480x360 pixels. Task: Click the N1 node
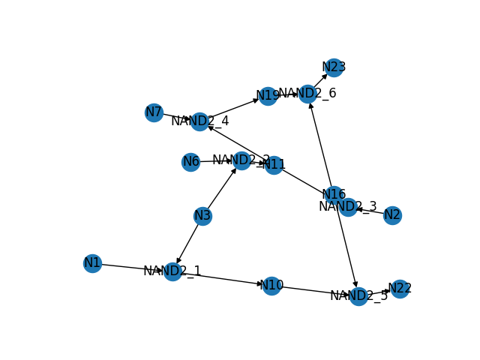(92, 263)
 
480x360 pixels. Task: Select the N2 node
(392, 216)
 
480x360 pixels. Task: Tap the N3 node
(202, 216)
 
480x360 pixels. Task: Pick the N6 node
(191, 162)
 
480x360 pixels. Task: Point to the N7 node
(154, 112)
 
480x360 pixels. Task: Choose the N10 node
(271, 286)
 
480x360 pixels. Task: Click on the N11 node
(274, 165)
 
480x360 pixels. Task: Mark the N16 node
(334, 195)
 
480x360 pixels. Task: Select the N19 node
(268, 96)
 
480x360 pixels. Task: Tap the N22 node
(400, 289)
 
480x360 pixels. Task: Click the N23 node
(334, 67)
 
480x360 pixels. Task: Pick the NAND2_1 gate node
(172, 271)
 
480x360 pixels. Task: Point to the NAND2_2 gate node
(241, 160)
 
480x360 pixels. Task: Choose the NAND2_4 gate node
(199, 121)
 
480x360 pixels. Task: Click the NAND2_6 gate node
(307, 94)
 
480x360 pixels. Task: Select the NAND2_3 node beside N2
(348, 207)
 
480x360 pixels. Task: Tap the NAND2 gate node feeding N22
(358, 296)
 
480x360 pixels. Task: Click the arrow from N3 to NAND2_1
(188, 242)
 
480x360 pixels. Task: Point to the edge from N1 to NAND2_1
(132, 267)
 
